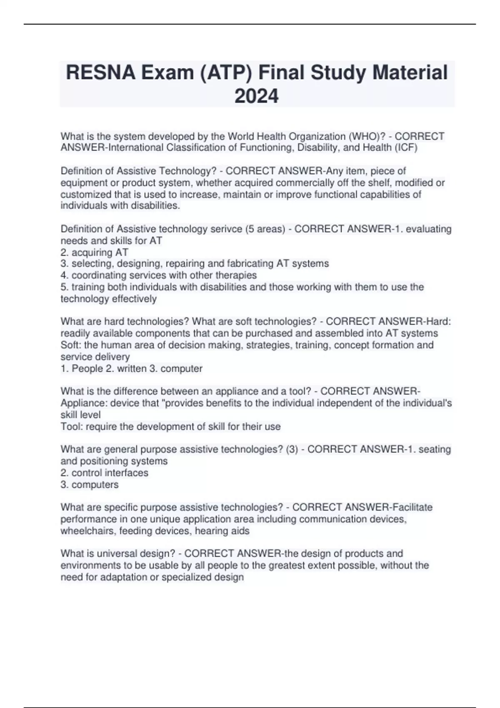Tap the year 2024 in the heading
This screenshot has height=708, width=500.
(256, 96)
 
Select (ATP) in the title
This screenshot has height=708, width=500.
(225, 72)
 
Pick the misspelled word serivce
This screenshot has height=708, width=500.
(224, 229)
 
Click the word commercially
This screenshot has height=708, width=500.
(302, 183)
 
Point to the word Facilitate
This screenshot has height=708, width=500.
(412, 507)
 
